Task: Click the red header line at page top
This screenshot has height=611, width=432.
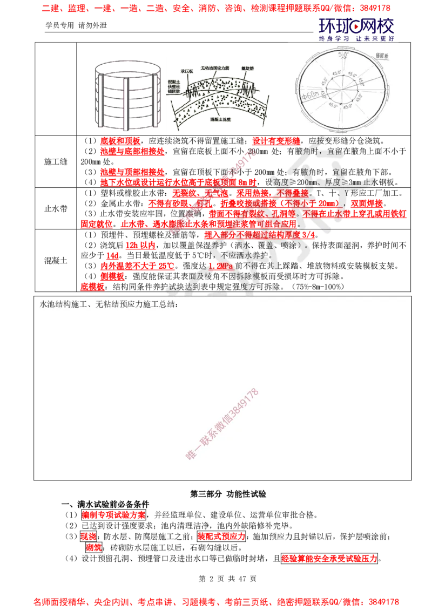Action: click(216, 9)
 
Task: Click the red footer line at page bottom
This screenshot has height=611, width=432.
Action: click(216, 601)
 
